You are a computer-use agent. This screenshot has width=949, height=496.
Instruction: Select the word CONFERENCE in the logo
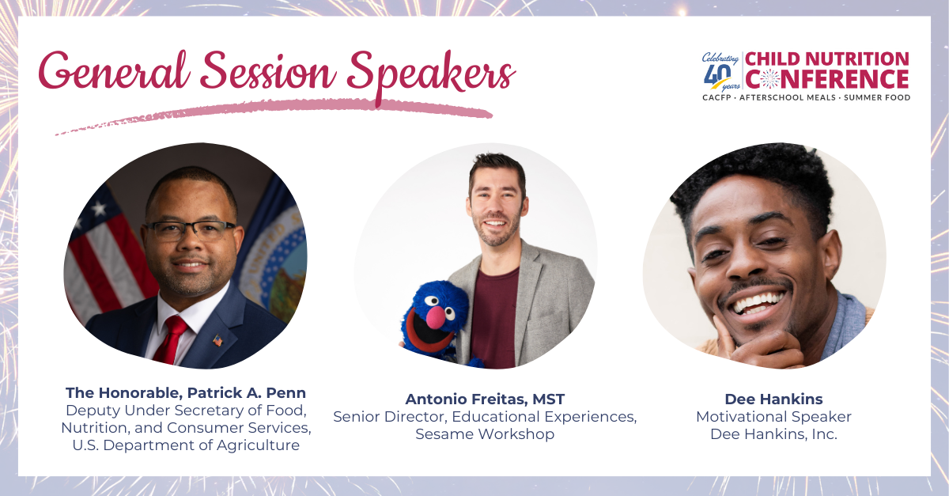click(x=827, y=79)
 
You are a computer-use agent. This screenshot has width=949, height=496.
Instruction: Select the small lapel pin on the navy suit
click(x=217, y=341)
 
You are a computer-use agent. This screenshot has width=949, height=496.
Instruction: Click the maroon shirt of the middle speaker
click(x=495, y=316)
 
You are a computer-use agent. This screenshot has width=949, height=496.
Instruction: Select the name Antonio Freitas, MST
click(x=485, y=399)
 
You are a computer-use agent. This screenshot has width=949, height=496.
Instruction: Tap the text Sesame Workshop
click(x=485, y=434)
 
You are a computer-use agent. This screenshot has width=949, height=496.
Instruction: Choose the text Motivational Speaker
click(x=773, y=416)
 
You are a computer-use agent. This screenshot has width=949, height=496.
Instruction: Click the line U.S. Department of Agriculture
click(x=186, y=445)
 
